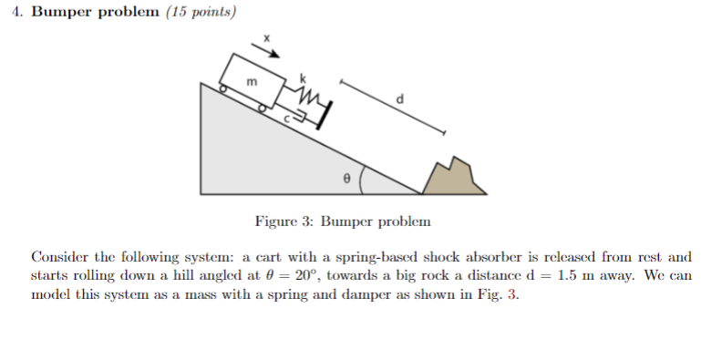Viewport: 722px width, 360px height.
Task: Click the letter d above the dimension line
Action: click(x=398, y=98)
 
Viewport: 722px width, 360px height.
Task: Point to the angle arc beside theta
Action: click(x=363, y=179)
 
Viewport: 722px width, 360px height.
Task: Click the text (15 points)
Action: click(x=200, y=13)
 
